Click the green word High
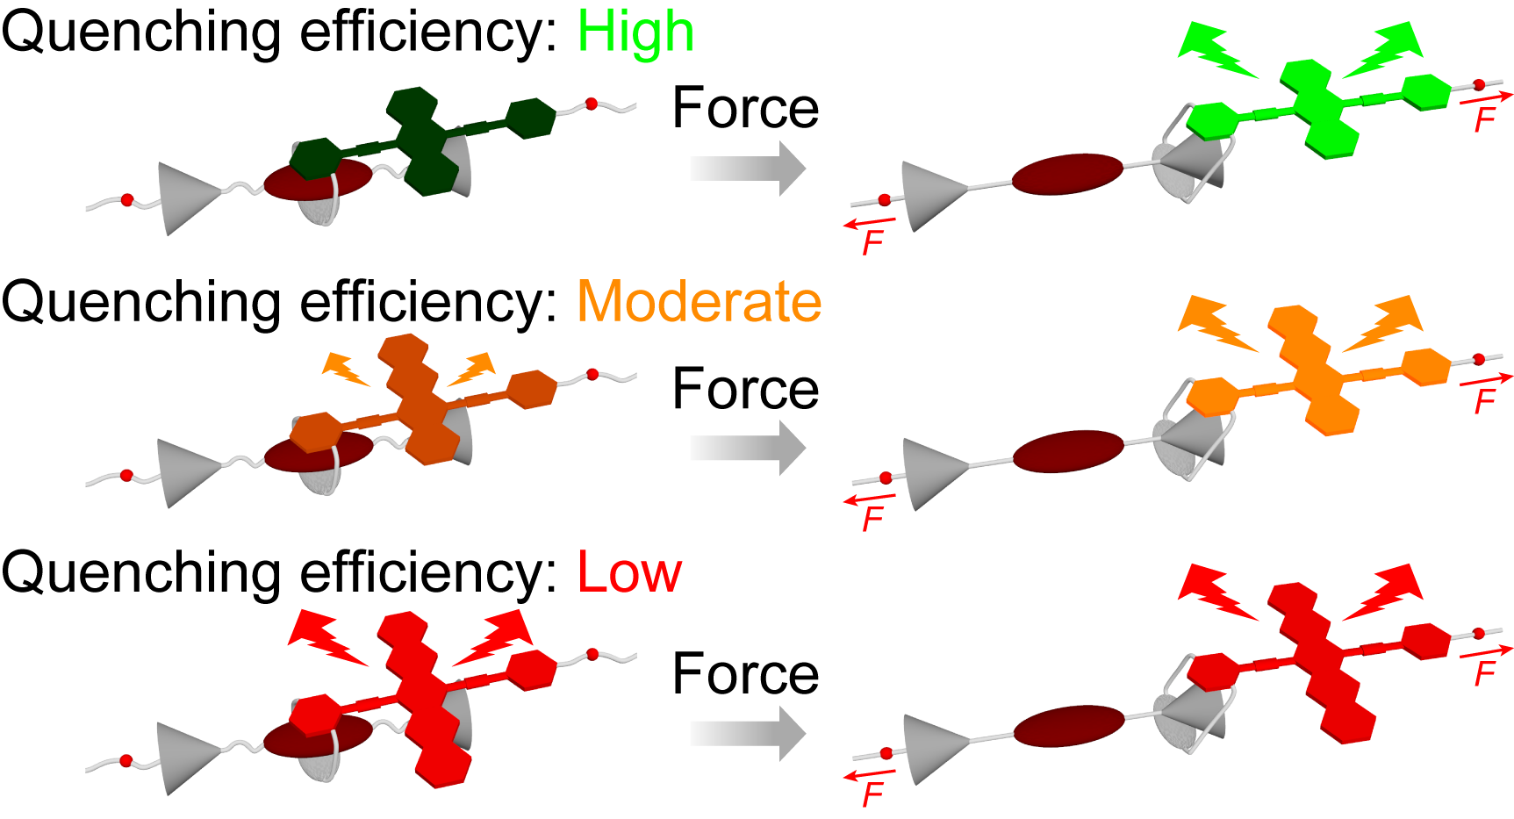click(635, 32)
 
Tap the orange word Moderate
click(699, 302)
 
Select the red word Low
click(629, 572)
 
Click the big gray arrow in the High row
click(747, 168)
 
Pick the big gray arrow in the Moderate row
click(747, 448)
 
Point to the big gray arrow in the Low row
click(747, 733)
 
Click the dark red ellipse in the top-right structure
click(1067, 174)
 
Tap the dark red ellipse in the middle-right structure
click(1068, 451)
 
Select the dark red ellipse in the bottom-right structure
click(1069, 726)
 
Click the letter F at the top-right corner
click(1484, 119)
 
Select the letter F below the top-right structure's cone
click(872, 241)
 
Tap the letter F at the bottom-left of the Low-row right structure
click(872, 794)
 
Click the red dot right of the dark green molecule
click(592, 104)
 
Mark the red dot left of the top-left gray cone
click(127, 200)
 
